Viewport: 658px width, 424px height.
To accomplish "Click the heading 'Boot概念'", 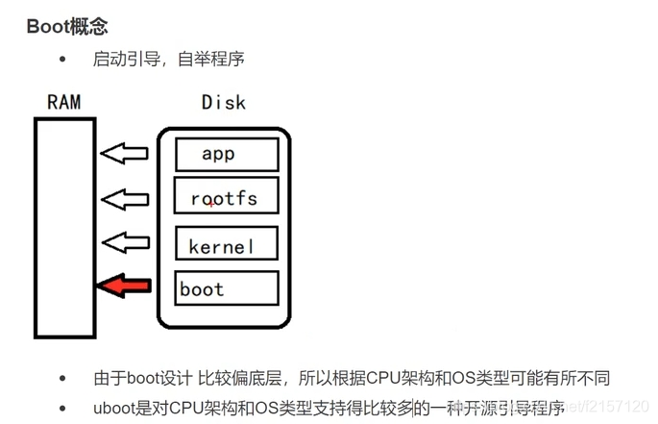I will [x=66, y=26].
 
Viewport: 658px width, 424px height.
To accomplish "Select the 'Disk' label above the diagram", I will [x=223, y=102].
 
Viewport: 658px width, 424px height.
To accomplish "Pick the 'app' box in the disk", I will [x=227, y=154].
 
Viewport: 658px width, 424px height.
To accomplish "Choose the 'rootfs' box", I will [x=227, y=199].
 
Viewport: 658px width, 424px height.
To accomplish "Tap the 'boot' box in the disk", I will [x=227, y=288].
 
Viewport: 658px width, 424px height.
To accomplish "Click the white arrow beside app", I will [x=126, y=153].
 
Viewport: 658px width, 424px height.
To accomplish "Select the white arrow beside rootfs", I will [x=126, y=199].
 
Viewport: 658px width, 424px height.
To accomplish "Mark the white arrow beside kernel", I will [x=126, y=241].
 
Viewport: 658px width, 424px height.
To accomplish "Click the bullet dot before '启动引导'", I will [x=63, y=60].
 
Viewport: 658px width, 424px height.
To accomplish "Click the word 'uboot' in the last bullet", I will [x=114, y=407].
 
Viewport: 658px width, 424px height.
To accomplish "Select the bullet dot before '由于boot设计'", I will [x=63, y=378].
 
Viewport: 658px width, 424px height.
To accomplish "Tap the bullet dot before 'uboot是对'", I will [x=63, y=407].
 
